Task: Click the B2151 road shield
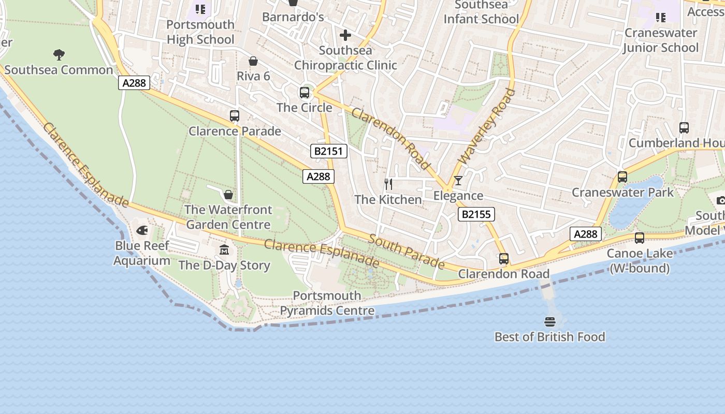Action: pyautogui.click(x=329, y=151)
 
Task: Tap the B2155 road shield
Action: pyautogui.click(x=476, y=214)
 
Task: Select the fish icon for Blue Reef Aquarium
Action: pyautogui.click(x=142, y=230)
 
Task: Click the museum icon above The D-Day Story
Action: pyautogui.click(x=224, y=250)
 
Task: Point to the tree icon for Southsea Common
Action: pyautogui.click(x=59, y=54)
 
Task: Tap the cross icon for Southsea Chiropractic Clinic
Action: pyautogui.click(x=345, y=35)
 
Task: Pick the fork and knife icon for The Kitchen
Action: pyautogui.click(x=388, y=184)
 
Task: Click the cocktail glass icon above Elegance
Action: pyautogui.click(x=458, y=181)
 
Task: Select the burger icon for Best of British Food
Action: pyautogui.click(x=550, y=322)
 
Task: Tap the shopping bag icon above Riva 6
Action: pyautogui.click(x=253, y=61)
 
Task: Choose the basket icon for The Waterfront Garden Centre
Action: pyautogui.click(x=228, y=195)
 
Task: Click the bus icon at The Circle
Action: pyautogui.click(x=304, y=93)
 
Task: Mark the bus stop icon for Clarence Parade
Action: pyautogui.click(x=235, y=116)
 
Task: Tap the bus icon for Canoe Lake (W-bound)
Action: pyautogui.click(x=640, y=238)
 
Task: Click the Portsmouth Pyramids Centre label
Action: pyautogui.click(x=327, y=303)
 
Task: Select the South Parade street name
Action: pyautogui.click(x=407, y=252)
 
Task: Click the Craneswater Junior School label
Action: pyautogui.click(x=661, y=40)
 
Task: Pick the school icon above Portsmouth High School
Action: pyautogui.click(x=200, y=9)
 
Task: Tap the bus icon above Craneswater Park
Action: pyautogui.click(x=622, y=177)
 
